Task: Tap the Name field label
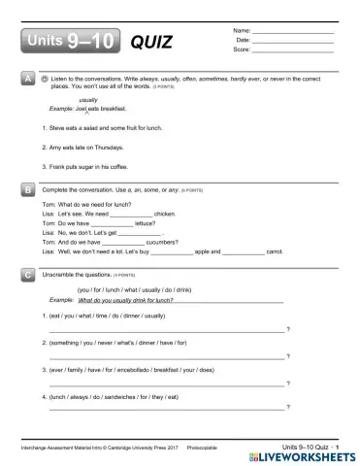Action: click(x=242, y=31)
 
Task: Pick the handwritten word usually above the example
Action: click(x=87, y=100)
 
